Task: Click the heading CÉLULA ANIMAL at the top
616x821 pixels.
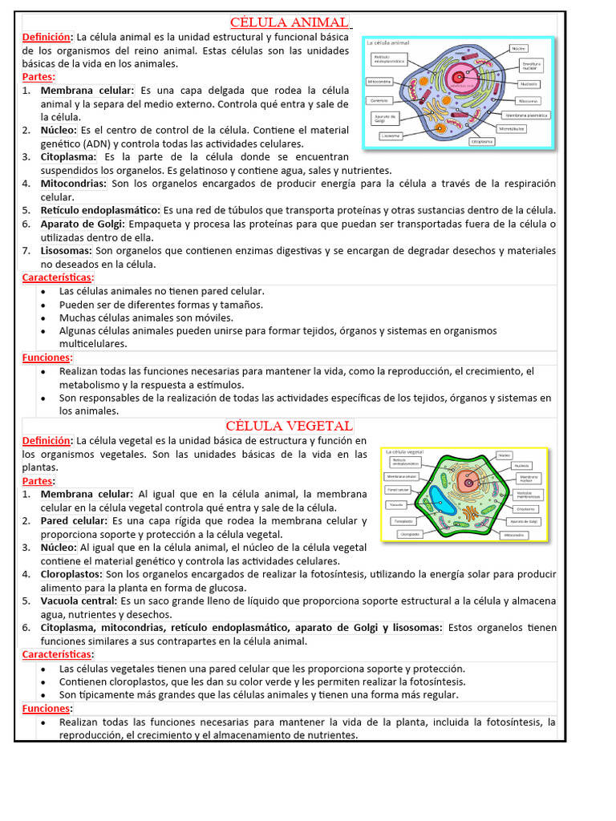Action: click(x=290, y=22)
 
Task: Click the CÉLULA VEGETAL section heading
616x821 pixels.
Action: click(x=289, y=425)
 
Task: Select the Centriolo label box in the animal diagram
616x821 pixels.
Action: click(x=379, y=100)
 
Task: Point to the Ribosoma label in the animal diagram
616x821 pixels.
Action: click(x=528, y=101)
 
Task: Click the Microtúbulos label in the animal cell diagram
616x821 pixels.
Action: click(x=512, y=128)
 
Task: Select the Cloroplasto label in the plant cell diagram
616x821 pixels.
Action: click(x=410, y=534)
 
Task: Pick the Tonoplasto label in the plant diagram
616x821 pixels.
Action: click(x=403, y=520)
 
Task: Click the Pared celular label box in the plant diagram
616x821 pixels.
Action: click(x=399, y=489)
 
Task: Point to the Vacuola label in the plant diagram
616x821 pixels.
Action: click(x=395, y=504)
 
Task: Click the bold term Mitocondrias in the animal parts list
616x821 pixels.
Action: click(x=74, y=184)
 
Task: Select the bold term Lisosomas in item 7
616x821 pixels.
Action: click(x=67, y=251)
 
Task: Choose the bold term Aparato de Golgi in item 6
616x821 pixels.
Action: click(x=83, y=224)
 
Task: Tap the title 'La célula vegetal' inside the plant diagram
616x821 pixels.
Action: click(x=405, y=452)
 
